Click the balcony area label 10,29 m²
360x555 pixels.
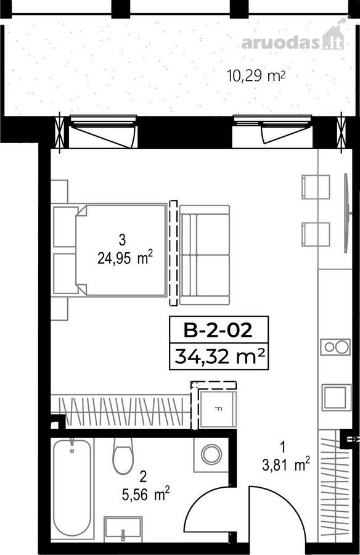[256, 75]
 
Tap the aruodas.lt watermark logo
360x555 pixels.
[293, 39]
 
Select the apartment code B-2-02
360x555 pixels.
[218, 331]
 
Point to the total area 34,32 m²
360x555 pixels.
[219, 356]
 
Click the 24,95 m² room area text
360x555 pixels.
[125, 258]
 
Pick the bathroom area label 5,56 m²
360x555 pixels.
[145, 494]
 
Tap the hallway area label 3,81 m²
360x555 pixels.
[286, 464]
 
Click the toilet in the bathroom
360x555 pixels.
[123, 456]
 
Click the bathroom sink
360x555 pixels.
[123, 529]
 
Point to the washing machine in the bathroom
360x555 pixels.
[211, 454]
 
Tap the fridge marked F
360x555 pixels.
[218, 409]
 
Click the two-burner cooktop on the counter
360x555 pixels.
[335, 347]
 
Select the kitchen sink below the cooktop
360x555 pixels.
[335, 398]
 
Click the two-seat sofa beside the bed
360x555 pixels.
[205, 255]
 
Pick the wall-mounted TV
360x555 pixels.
[347, 213]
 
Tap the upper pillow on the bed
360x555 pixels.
[65, 227]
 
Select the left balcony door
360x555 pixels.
[102, 131]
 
